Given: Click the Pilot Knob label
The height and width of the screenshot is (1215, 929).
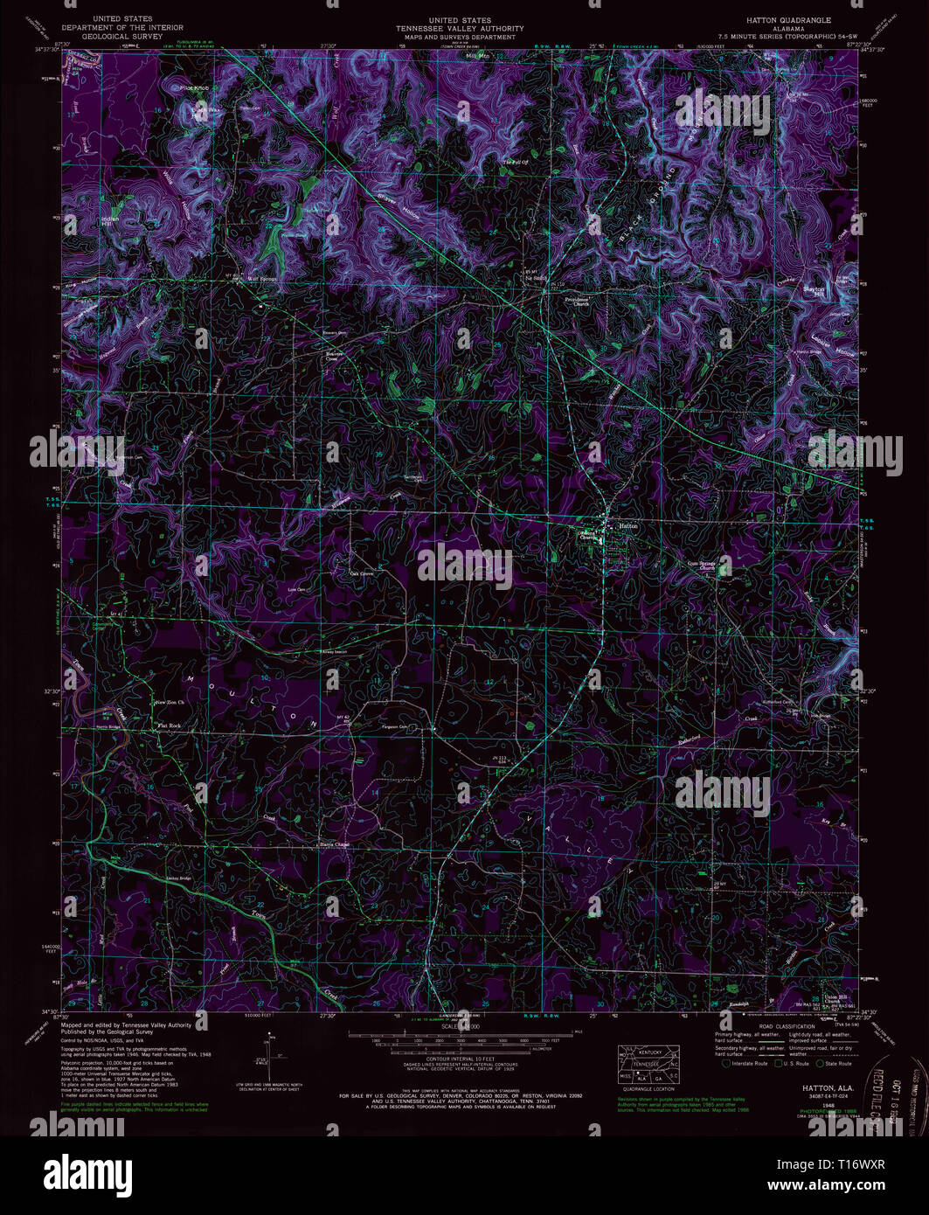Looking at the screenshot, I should [x=194, y=88].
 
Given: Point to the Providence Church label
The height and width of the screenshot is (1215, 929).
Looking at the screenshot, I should [x=576, y=302].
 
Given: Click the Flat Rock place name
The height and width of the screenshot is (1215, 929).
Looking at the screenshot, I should [x=169, y=726].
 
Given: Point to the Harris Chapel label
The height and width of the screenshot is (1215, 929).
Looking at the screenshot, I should [x=333, y=844].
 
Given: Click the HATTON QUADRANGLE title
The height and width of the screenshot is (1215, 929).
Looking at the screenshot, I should [x=789, y=19].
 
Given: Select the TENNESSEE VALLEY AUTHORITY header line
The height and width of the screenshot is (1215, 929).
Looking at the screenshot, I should [x=464, y=28].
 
